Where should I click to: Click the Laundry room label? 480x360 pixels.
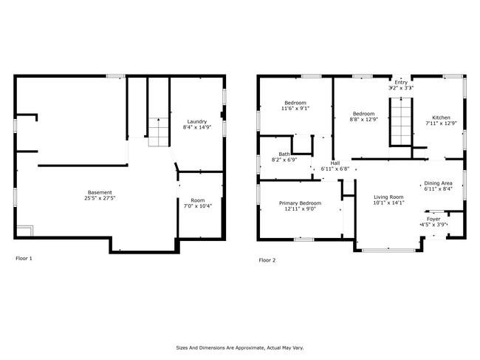coord(197,122)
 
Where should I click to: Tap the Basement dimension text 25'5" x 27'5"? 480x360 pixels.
coord(100,198)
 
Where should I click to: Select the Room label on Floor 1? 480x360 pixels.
coord(197,200)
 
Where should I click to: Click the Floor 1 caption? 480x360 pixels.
coord(24,258)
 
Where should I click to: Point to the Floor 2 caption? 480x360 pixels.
coord(267,260)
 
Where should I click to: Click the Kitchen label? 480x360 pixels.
coord(441,118)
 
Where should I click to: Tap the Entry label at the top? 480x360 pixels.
coord(401,82)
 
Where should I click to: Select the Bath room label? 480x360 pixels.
coord(284,154)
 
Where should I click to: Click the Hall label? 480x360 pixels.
coord(335,163)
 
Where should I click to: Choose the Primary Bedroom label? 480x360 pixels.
coord(300,203)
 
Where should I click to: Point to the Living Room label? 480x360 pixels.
coord(388,197)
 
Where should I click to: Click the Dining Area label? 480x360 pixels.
coord(438,183)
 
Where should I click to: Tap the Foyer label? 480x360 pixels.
coord(433,219)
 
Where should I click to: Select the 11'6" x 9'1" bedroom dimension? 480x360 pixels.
coord(295,109)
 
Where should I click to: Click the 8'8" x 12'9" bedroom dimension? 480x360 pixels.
coord(363,119)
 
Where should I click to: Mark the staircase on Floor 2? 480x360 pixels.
coord(401,121)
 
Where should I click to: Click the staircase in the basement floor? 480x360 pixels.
coord(159,132)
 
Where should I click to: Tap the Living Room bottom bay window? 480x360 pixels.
coord(388,251)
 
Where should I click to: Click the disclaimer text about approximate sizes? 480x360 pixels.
coord(240,347)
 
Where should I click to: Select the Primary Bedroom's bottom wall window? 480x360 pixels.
coord(304,240)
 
